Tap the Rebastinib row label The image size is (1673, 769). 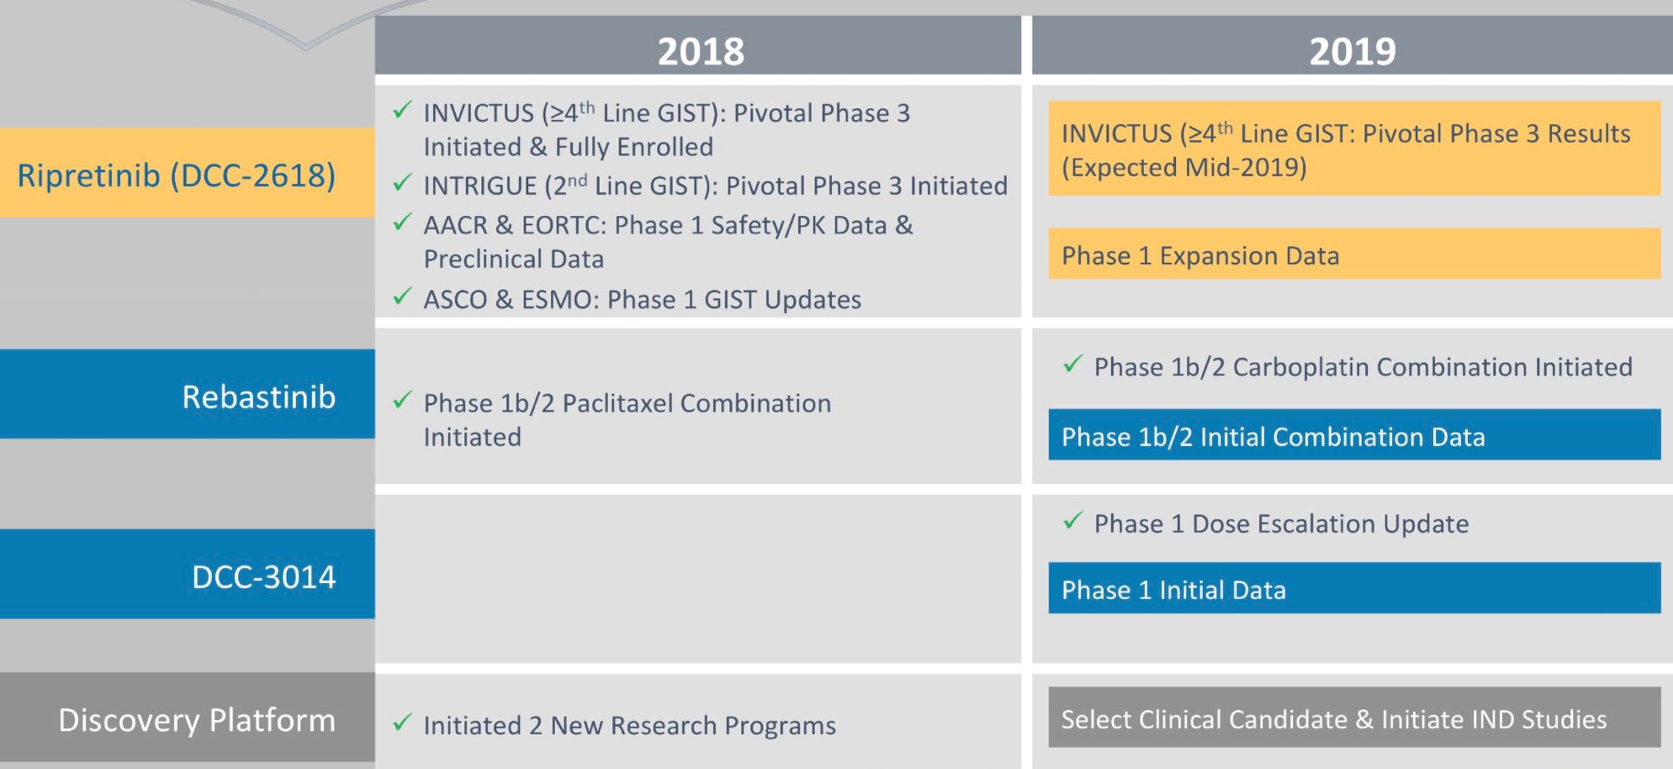pos(259,396)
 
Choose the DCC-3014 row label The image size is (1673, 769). pos(264,576)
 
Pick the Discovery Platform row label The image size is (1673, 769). pos(197,720)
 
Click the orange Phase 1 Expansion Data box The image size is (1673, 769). pos(1354,255)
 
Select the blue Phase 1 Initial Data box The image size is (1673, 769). pos(1354,589)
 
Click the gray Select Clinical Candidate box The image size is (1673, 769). pos(1354,718)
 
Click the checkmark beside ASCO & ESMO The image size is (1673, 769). pos(402,296)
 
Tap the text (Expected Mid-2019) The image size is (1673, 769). pos(1183,167)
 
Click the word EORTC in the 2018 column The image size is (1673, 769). pos(563,226)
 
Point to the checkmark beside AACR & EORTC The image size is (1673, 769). pos(402,222)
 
